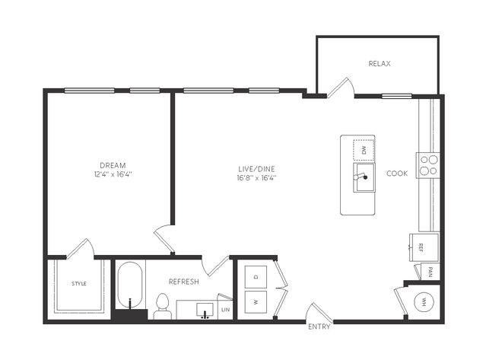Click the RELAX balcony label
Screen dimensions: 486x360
380,64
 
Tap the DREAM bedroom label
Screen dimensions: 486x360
113,165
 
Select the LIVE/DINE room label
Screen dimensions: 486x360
256,169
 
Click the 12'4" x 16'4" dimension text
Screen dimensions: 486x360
113,174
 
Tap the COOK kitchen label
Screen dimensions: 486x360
397,174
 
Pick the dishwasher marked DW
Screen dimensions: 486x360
364,150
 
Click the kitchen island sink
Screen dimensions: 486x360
364,177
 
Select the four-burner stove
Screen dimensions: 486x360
428,165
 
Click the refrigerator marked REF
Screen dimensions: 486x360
424,247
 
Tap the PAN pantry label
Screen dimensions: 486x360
430,272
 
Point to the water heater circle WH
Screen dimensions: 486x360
424,301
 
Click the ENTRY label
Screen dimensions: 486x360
319,327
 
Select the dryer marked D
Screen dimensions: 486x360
256,276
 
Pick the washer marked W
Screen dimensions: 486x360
256,302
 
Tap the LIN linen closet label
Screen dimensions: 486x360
226,310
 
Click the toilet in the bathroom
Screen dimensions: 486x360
163,307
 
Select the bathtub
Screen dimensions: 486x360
130,285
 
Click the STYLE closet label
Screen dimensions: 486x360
79,283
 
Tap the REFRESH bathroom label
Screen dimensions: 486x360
184,282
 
